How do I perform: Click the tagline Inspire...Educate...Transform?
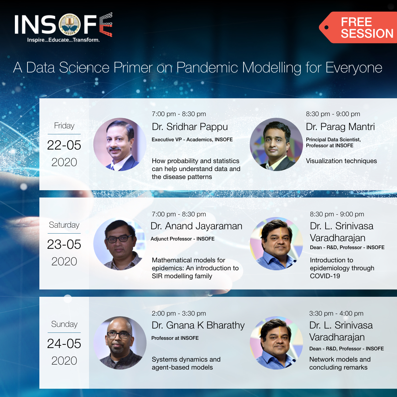click(x=63, y=40)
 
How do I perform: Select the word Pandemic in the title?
click(x=207, y=68)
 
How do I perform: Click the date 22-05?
click(x=64, y=145)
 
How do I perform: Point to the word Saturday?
click(x=64, y=225)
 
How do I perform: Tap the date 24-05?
click(x=64, y=344)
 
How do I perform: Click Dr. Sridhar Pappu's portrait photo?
click(x=120, y=144)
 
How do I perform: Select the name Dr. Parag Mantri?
click(x=340, y=127)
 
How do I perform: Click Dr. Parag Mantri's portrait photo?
click(x=276, y=144)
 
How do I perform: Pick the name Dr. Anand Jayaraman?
click(x=196, y=226)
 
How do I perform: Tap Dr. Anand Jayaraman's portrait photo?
click(x=120, y=243)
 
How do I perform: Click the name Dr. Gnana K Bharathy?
click(x=198, y=325)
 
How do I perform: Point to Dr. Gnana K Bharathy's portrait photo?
click(x=120, y=343)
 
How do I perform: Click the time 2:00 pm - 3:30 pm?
click(x=179, y=313)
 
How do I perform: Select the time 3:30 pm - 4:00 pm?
click(x=336, y=313)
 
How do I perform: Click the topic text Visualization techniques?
click(x=341, y=161)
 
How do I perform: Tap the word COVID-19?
click(x=325, y=276)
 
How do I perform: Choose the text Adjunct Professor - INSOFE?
click(x=182, y=239)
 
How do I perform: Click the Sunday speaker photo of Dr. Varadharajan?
click(x=276, y=343)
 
